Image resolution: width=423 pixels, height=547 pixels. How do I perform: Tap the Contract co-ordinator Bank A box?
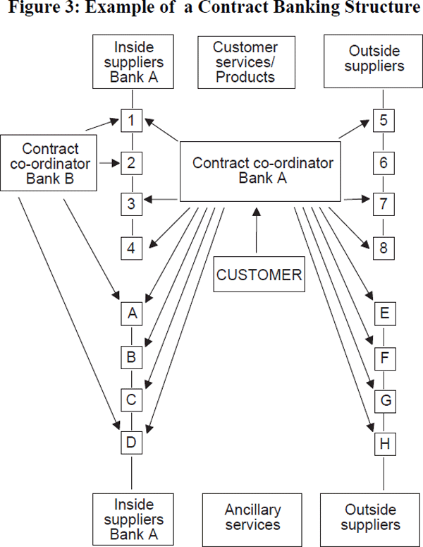(x=263, y=171)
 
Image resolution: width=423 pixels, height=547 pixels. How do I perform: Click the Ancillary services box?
(x=252, y=517)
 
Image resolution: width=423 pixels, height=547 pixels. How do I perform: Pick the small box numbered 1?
(x=131, y=120)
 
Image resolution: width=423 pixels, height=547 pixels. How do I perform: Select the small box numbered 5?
(x=384, y=120)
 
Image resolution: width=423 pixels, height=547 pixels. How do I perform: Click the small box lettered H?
(x=384, y=445)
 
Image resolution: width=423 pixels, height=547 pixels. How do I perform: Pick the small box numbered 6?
(x=384, y=163)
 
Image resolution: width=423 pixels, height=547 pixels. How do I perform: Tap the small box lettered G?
(x=384, y=401)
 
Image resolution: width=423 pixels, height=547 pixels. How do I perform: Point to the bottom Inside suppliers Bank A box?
(x=131, y=517)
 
